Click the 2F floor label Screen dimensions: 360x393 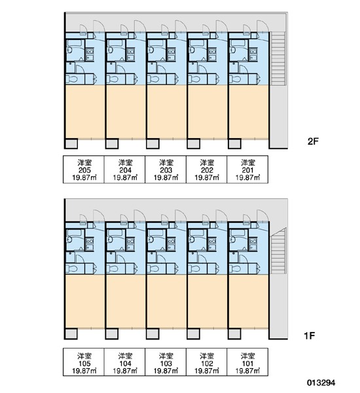pyautogui.click(x=313, y=141)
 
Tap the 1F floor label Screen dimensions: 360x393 pyautogui.click(x=310, y=335)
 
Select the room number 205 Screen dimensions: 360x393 pyautogui.click(x=84, y=170)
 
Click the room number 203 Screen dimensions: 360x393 pyautogui.click(x=166, y=170)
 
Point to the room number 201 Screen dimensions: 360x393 pyautogui.click(x=247, y=170)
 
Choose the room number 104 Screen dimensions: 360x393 pyautogui.click(x=125, y=364)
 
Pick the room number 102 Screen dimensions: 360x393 pyautogui.click(x=207, y=364)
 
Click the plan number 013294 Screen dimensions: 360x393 pyautogui.click(x=321, y=383)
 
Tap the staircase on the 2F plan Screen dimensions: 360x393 pyautogui.click(x=278, y=58)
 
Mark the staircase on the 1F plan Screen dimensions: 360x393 pyautogui.click(x=278, y=251)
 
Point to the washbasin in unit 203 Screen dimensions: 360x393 pyautogui.click(x=151, y=50)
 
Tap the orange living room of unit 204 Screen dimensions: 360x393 pyautogui.click(x=125, y=111)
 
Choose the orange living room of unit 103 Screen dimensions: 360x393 pyautogui.click(x=166, y=301)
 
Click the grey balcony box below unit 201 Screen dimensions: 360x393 pyautogui.click(x=235, y=144)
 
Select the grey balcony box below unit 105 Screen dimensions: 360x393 pyautogui.click(x=71, y=334)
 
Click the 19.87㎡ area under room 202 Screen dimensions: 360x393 pyautogui.click(x=207, y=178)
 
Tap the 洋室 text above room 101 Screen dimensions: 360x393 pyautogui.click(x=247, y=356)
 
